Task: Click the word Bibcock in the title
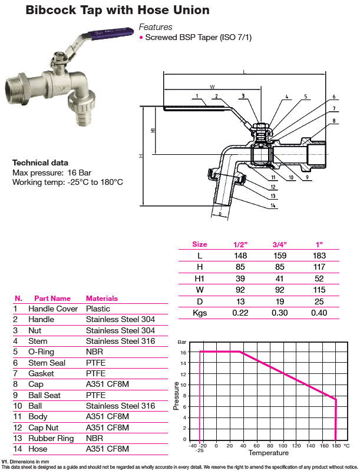[51, 10]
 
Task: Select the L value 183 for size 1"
[319, 256]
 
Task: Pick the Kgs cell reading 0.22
[240, 313]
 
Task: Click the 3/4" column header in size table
[279, 244]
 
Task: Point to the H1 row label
[199, 279]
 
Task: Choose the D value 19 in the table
[279, 301]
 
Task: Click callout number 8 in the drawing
[334, 121]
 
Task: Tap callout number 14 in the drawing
[273, 205]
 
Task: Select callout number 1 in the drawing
[197, 96]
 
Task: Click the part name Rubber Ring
[51, 438]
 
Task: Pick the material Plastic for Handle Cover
[98, 309]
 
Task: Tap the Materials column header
[102, 299]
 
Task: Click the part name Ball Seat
[44, 396]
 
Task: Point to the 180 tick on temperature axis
[336, 446]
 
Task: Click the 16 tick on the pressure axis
[183, 353]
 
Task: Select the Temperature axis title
[269, 453]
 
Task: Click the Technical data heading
[40, 163]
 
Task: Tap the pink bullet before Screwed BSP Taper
[141, 38]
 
